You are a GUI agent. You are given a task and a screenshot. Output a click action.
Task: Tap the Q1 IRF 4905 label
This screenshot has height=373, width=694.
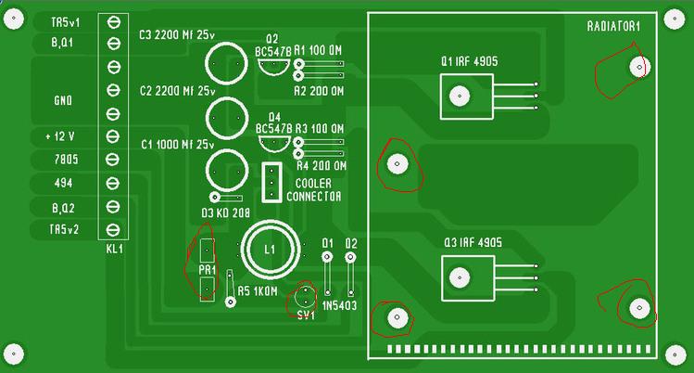coord(470,61)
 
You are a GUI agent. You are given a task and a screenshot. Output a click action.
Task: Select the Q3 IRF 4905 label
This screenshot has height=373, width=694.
coord(470,242)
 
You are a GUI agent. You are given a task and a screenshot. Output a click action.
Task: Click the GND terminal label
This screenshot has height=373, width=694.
coord(64,99)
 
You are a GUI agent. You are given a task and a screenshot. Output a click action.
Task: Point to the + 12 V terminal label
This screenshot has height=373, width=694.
coord(60,136)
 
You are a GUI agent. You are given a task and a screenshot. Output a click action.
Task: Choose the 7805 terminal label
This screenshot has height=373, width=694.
coord(64,160)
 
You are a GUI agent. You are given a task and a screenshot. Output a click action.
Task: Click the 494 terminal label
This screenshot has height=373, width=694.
coord(64,183)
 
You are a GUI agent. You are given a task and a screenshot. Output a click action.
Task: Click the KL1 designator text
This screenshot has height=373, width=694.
coord(114,250)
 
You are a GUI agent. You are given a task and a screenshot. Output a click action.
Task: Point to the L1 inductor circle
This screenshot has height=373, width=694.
coord(271,249)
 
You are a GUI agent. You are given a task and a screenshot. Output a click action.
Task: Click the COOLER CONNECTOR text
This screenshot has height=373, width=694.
coord(314,190)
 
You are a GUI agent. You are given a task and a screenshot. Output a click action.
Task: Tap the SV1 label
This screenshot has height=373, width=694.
coord(306,315)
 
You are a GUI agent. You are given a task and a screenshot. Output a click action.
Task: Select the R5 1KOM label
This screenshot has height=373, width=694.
coord(258,291)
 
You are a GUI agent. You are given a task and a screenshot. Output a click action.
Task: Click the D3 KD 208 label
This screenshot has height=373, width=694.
coord(223,212)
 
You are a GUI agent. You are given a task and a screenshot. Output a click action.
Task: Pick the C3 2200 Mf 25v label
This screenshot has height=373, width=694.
coord(176,35)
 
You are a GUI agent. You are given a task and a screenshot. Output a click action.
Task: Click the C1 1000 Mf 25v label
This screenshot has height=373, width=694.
coord(176,145)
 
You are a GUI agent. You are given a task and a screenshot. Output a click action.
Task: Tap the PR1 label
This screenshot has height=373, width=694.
coord(207,270)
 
